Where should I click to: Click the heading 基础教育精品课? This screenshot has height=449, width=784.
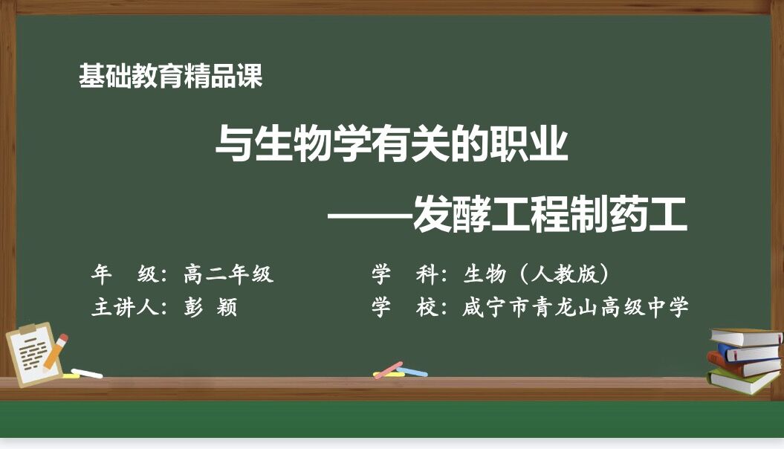coord(170,77)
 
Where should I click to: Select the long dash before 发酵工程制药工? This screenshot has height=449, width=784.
coord(370,217)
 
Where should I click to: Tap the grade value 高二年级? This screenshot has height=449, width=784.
coord(228,274)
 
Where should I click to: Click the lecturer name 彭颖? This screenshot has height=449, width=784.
coord(210,306)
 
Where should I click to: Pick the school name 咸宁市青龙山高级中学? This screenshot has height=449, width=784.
coord(575,306)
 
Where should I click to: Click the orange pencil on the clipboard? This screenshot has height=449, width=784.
coord(55,352)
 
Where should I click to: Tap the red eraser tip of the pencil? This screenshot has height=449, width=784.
coord(62,339)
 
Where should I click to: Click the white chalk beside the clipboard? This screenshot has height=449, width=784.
coord(86,373)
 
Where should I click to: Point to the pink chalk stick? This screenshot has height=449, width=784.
coord(389,370)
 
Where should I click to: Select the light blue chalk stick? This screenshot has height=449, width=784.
coord(412,372)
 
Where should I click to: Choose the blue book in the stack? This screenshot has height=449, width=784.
coord(748,352)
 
